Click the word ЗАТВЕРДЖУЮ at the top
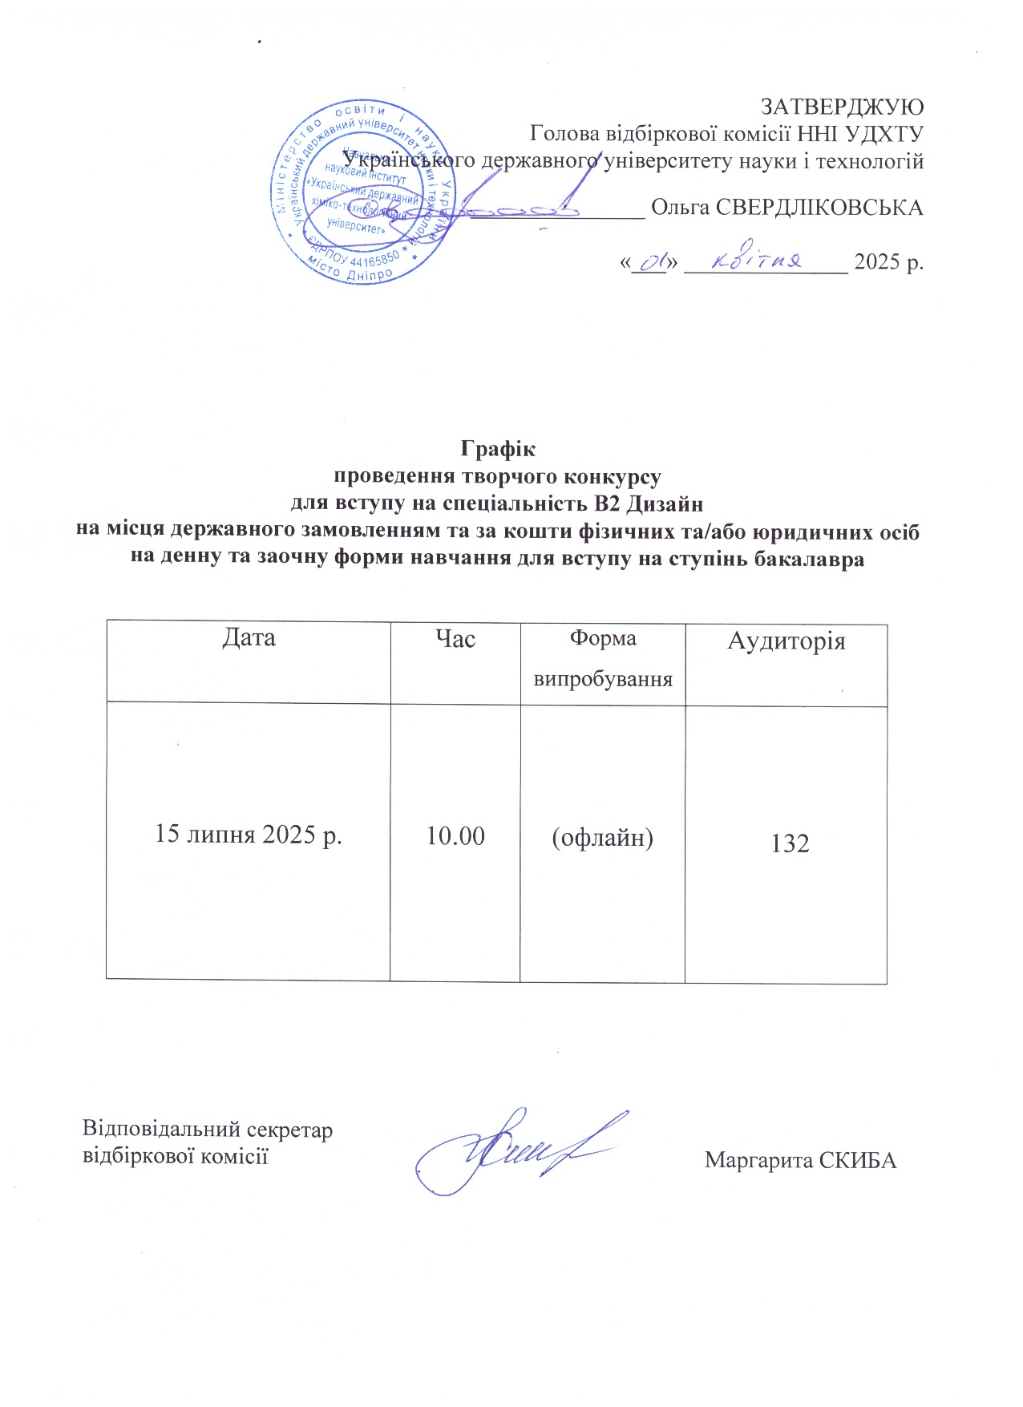pyautogui.click(x=842, y=107)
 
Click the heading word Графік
pyautogui.click(x=497, y=447)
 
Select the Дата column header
pyautogui.click(x=249, y=638)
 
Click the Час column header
pyautogui.click(x=455, y=639)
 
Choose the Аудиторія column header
pyautogui.click(x=786, y=641)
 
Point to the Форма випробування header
pyautogui.click(x=602, y=659)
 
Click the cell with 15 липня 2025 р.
pyautogui.click(x=249, y=835)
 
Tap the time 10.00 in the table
pyautogui.click(x=455, y=836)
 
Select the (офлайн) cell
pyautogui.click(x=602, y=838)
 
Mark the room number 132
pyautogui.click(x=790, y=843)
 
